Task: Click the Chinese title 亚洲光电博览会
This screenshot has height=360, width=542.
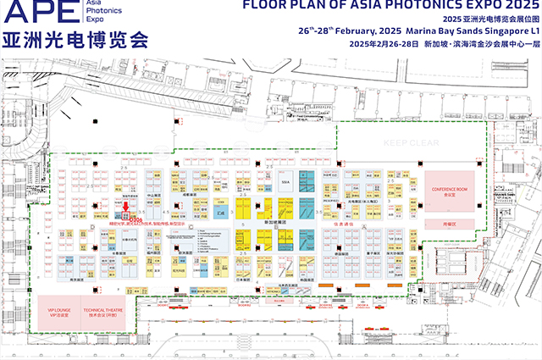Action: pyautogui.click(x=75, y=41)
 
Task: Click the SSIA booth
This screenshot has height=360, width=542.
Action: pyautogui.click(x=286, y=181)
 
